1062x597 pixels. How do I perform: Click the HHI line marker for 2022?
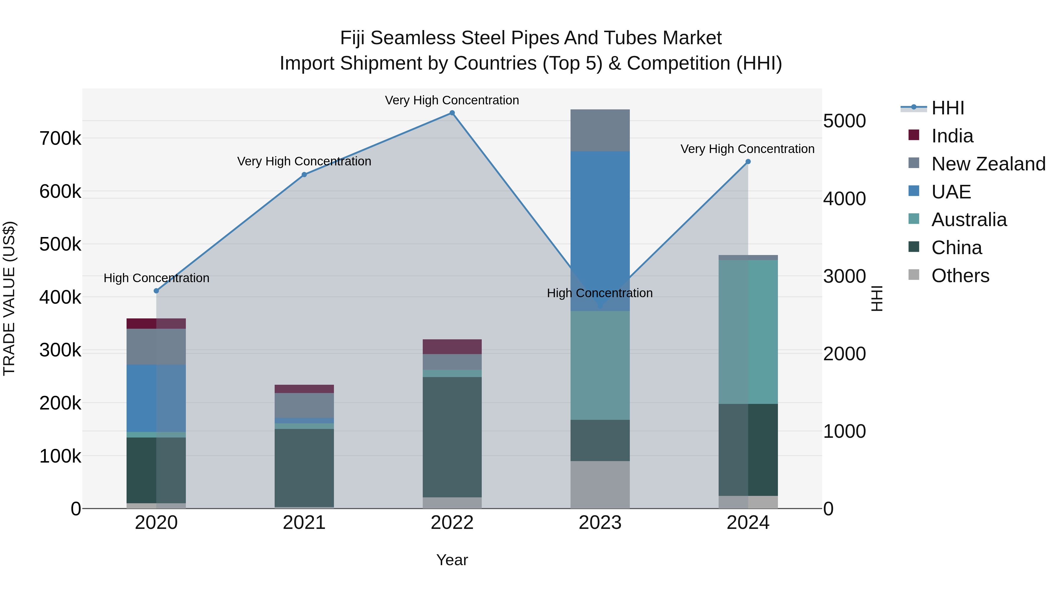452,113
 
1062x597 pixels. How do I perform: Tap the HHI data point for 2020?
156,291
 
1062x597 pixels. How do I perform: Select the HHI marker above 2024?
748,162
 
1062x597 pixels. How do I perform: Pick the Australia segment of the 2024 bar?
748,332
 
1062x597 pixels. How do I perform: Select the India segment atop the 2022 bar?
452,346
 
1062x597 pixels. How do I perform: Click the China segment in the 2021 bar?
304,468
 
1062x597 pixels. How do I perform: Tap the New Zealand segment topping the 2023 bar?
600,130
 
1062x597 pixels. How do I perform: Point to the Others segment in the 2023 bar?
600,484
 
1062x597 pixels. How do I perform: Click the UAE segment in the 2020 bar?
156,398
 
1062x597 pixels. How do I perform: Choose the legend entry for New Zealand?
988,164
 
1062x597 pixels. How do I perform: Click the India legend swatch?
914,135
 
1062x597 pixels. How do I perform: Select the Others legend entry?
960,276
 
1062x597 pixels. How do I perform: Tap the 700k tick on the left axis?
60,139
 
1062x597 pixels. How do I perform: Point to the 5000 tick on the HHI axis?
844,121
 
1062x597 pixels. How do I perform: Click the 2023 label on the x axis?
600,523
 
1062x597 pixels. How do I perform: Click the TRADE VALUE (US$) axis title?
9,298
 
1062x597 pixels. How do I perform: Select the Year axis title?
452,560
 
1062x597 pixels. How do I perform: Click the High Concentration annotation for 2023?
599,293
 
